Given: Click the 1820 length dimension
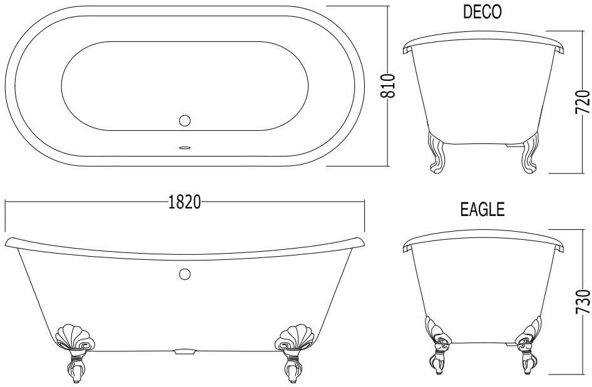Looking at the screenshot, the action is [184, 202].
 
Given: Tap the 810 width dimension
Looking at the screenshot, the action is [388, 86].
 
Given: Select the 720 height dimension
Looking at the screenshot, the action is [583, 101].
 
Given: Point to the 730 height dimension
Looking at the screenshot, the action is [583, 301].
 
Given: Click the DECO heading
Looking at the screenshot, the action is [482, 12].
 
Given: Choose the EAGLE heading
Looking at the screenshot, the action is [482, 209].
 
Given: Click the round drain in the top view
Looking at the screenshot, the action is [185, 121].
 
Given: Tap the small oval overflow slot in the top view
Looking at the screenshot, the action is [185, 148].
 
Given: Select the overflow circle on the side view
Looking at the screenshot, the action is [185, 274].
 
